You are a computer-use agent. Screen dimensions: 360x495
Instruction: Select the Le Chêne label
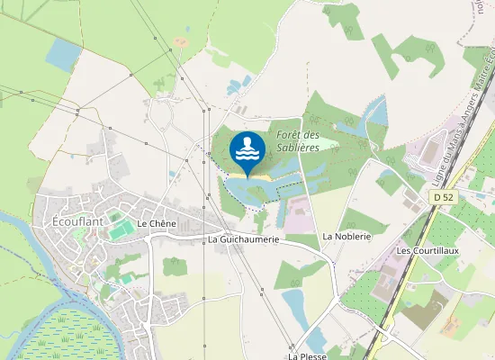156,223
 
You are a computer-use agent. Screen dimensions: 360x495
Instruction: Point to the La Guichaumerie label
243,240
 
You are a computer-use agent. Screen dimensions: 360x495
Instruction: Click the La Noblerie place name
347,236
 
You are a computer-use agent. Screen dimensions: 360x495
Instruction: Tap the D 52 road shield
441,196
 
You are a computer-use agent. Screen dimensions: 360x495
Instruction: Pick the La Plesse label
306,356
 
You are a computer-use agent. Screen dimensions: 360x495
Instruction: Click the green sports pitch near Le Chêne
119,231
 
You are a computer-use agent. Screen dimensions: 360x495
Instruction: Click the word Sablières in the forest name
299,147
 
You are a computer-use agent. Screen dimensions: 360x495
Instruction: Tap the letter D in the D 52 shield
436,196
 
